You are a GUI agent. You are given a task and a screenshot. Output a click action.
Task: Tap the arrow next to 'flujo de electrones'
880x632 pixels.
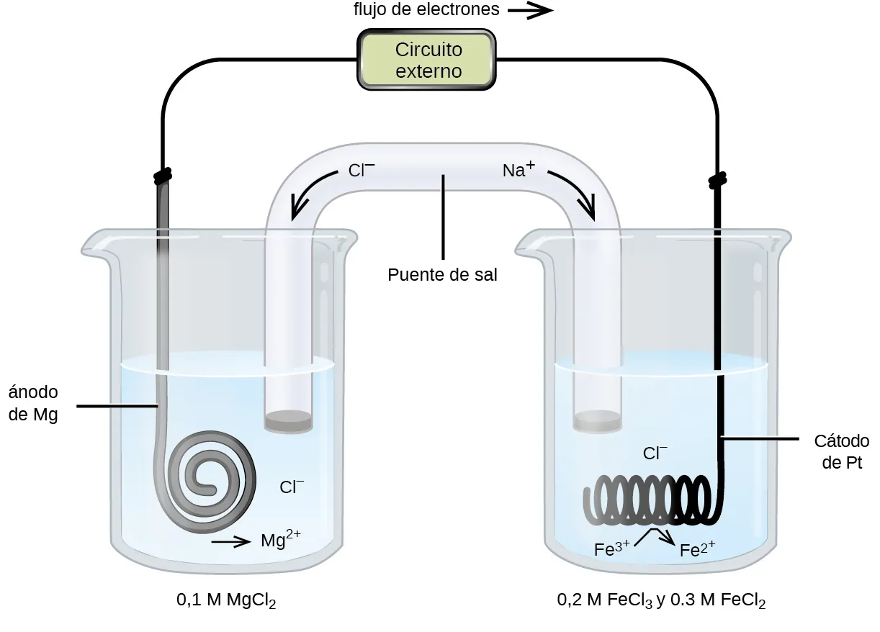click(530, 10)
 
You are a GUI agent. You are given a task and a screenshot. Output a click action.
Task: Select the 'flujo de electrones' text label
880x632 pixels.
click(426, 10)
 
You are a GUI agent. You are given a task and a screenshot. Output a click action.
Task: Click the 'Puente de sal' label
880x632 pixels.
click(442, 275)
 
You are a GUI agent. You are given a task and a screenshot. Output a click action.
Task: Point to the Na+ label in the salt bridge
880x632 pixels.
click(518, 171)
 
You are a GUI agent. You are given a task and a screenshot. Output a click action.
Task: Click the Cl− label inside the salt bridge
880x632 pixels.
click(361, 171)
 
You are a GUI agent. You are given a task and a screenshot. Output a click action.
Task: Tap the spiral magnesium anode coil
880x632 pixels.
click(211, 476)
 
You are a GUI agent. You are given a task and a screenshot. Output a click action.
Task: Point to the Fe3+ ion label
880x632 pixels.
click(613, 549)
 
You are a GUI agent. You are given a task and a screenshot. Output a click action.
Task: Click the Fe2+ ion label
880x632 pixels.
click(697, 550)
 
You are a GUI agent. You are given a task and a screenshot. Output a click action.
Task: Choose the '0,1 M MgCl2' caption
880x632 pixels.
click(226, 600)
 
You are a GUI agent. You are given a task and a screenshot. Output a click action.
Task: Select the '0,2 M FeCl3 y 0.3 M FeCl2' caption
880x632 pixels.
click(661, 600)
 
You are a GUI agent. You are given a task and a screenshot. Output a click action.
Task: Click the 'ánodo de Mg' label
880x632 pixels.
click(33, 404)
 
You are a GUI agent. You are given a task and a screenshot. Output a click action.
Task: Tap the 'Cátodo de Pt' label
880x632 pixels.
click(841, 451)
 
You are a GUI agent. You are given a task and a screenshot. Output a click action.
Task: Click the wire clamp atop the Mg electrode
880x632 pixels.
click(163, 174)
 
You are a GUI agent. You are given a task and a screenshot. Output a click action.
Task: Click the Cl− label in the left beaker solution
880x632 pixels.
click(292, 487)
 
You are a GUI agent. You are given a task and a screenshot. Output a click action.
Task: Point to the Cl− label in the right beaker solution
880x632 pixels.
click(655, 453)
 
